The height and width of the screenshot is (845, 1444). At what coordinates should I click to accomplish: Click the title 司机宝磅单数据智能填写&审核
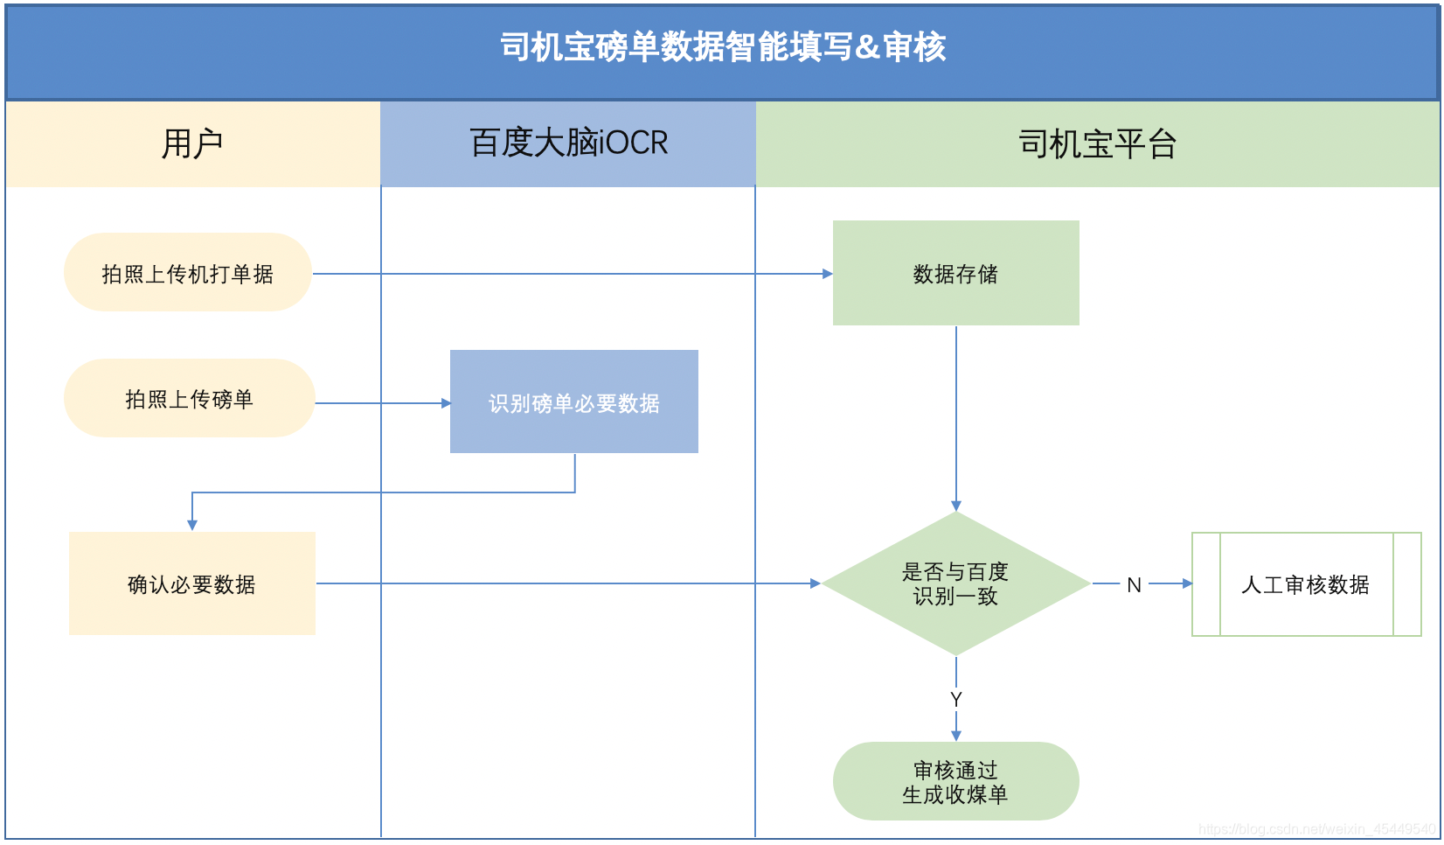click(x=722, y=47)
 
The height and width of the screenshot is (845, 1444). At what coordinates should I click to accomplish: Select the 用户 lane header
click(x=192, y=143)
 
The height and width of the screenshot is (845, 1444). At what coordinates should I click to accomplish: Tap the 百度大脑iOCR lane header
click(x=568, y=143)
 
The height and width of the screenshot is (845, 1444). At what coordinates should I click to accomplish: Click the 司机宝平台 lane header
click(x=1097, y=143)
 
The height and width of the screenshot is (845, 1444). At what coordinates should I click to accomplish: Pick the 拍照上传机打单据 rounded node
click(x=188, y=273)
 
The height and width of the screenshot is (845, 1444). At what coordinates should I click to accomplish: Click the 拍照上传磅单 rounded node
click(x=189, y=399)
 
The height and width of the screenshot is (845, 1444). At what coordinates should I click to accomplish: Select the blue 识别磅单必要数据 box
click(x=573, y=402)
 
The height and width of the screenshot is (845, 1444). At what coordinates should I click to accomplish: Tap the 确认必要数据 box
click(x=192, y=583)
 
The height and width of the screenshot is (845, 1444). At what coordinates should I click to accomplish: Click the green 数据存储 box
click(x=955, y=273)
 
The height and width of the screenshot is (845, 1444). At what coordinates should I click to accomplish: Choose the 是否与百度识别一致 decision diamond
click(x=955, y=583)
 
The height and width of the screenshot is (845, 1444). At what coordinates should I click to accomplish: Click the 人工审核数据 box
click(x=1306, y=584)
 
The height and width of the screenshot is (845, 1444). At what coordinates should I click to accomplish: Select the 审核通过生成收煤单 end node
click(x=955, y=782)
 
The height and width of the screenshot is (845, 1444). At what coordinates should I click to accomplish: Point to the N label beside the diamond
click(x=1134, y=585)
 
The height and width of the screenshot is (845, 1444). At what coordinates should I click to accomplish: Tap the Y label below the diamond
click(x=956, y=699)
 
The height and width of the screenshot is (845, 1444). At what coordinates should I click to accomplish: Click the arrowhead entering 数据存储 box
click(x=827, y=274)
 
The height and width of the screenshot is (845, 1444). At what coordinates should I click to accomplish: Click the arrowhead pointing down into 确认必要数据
click(x=192, y=525)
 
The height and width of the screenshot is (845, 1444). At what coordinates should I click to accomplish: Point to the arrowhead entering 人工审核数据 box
click(x=1187, y=583)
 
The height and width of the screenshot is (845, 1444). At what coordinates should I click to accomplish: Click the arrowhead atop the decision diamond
click(x=956, y=506)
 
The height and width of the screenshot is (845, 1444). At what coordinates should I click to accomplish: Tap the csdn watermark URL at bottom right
click(x=1316, y=828)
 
